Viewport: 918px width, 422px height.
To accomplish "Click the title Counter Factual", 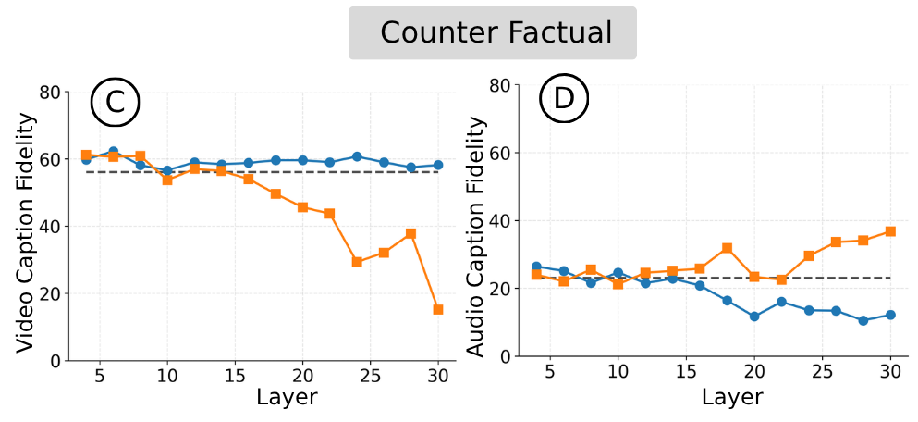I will pyautogui.click(x=496, y=33).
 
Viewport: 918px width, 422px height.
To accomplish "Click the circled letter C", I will pyautogui.click(x=115, y=103).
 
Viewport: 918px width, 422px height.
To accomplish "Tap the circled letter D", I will pyautogui.click(x=563, y=101).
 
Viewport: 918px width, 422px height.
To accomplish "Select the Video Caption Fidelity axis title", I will pyautogui.click(x=26, y=232).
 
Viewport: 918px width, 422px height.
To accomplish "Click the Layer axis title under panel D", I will pyautogui.click(x=732, y=397).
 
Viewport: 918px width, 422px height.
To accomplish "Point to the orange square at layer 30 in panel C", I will pyautogui.click(x=438, y=309).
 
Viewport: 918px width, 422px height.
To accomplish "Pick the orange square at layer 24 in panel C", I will pyautogui.click(x=357, y=262).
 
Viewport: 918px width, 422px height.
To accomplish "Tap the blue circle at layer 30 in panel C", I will pyautogui.click(x=438, y=165).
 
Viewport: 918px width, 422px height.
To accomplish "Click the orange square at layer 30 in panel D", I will pyautogui.click(x=890, y=231).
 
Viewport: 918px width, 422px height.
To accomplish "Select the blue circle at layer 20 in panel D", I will pyautogui.click(x=754, y=316).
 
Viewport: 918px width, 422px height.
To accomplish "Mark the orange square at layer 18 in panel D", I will pyautogui.click(x=728, y=248).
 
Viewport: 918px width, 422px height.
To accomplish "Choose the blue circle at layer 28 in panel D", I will pyautogui.click(x=863, y=320).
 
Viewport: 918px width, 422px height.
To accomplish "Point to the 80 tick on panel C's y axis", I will pyautogui.click(x=50, y=93).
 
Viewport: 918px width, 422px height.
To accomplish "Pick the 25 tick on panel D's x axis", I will pyautogui.click(x=822, y=372).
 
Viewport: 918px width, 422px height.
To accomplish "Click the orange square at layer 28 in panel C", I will pyautogui.click(x=411, y=233).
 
